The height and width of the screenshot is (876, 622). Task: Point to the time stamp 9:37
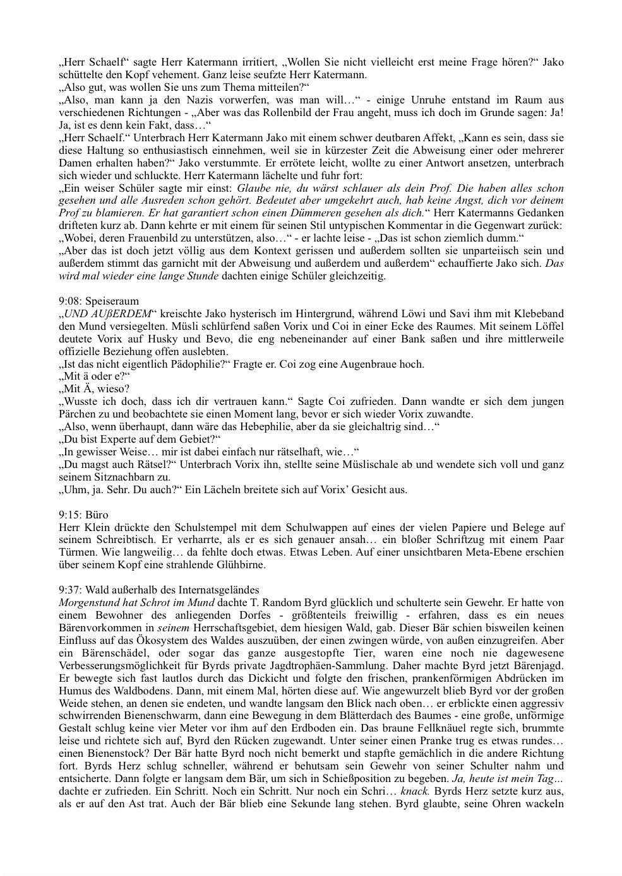pos(68,590)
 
